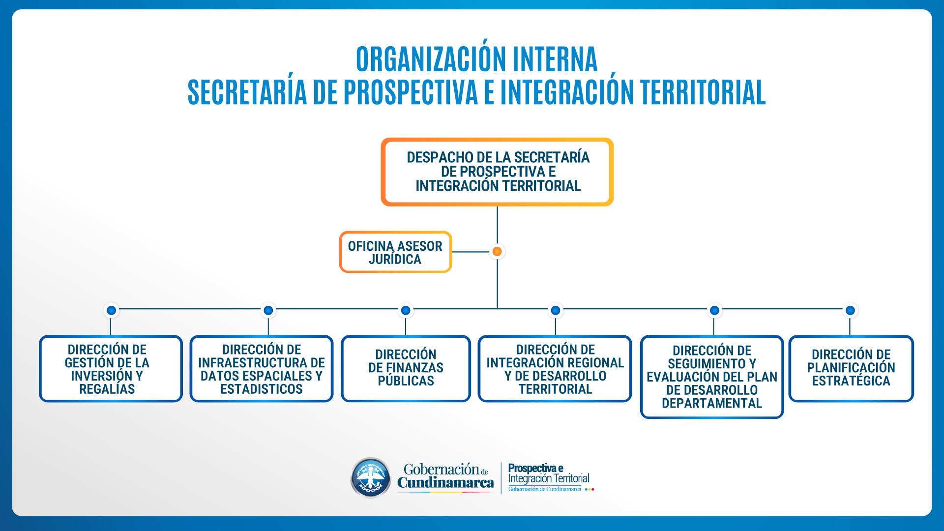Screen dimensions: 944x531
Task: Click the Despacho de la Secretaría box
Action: coord(497,172)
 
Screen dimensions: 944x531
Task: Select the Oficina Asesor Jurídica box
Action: coord(395,252)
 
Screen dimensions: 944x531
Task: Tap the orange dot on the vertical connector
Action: coord(497,252)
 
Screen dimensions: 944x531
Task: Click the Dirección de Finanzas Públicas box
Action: coord(406,368)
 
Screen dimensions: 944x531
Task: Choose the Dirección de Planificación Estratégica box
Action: coord(851,368)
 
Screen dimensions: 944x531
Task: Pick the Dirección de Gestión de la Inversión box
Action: coord(111,368)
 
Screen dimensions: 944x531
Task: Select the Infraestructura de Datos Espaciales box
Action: coord(262,368)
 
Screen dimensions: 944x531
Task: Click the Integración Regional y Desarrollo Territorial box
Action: coord(555,368)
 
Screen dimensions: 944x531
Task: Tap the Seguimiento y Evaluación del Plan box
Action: coord(712,377)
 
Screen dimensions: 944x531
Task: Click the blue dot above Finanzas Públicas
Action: coord(406,310)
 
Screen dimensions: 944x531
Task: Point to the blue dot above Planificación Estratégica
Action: coord(850,310)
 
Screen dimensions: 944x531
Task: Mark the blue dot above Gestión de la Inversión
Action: coord(112,310)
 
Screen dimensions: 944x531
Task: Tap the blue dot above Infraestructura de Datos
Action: coord(268,310)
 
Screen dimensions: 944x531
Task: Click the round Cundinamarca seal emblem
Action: coord(371,477)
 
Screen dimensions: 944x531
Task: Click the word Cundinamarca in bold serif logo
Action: coord(445,483)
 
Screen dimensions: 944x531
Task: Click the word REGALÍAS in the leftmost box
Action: coord(107,389)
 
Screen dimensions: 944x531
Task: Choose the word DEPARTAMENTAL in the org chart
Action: coord(712,403)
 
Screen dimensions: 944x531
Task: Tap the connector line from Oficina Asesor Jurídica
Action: coord(471,252)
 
